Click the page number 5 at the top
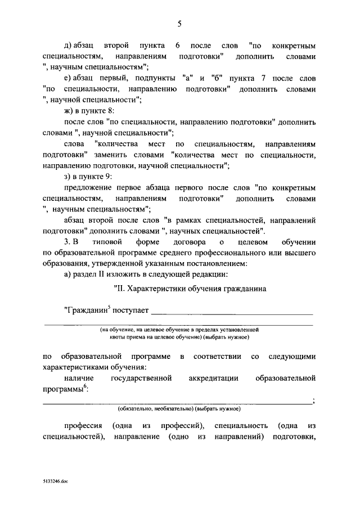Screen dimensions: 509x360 pyautogui.click(x=179, y=23)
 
